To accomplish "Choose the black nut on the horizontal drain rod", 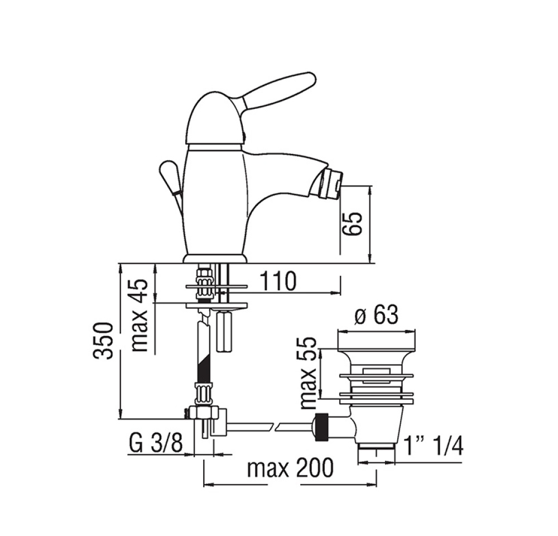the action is (321, 427).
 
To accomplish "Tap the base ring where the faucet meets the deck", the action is (215, 259).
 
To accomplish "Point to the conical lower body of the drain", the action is (377, 424).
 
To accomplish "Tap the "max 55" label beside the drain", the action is (308, 373).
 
